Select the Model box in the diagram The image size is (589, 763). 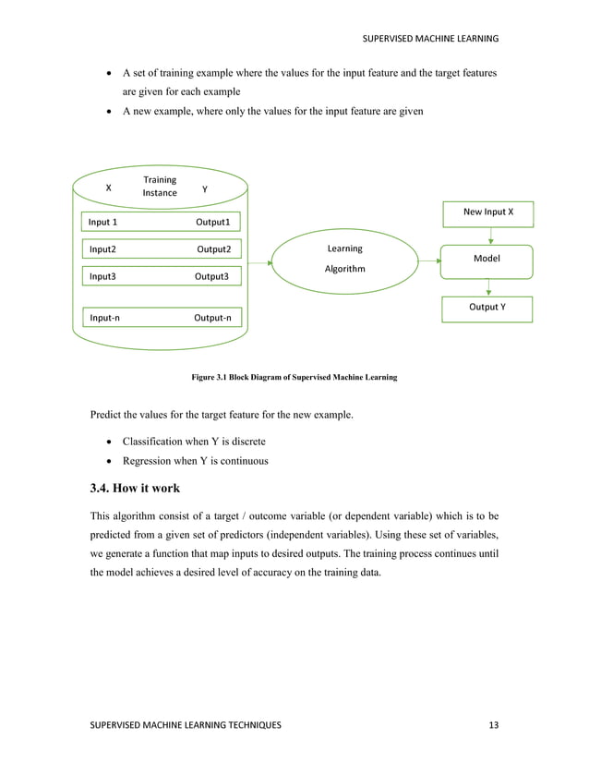pos(487,260)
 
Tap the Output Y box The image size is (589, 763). pos(487,308)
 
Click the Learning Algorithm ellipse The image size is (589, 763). pos(345,260)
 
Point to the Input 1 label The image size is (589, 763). pos(102,223)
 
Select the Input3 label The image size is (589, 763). pos(102,276)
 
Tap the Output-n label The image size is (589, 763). pos(212,318)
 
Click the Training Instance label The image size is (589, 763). pos(160,186)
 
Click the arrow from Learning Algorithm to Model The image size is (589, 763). pos(430,261)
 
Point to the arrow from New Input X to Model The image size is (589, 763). pos(490,236)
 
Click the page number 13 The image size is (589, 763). pos(493,726)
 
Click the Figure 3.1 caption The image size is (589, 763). pos(294,378)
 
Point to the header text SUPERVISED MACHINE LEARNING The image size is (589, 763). pos(429,38)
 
